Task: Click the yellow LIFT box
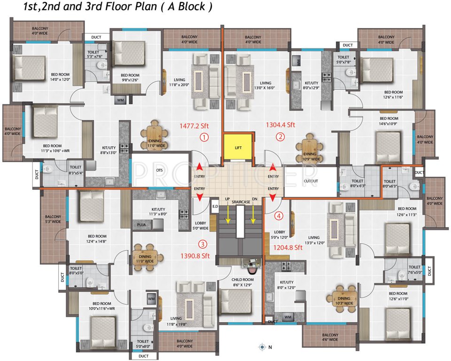pos(237,148)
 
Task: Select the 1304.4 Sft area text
pos(280,125)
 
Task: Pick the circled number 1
pos(203,137)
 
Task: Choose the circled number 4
pos(279,216)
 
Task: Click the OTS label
pos(160,171)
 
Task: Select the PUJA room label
pos(141,225)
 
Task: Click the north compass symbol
pos(262,347)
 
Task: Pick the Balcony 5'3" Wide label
pos(53,219)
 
